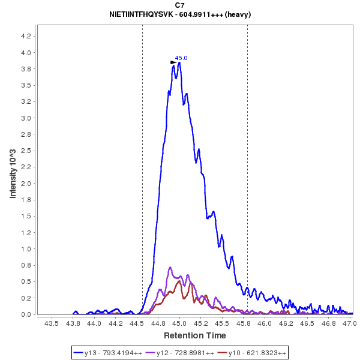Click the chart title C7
(180, 5)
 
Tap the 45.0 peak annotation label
(181, 58)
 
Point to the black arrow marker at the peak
(173, 61)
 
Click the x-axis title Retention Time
(195, 335)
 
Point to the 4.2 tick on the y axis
(25, 36)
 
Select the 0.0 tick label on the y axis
(25, 314)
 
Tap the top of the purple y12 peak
(170, 267)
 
